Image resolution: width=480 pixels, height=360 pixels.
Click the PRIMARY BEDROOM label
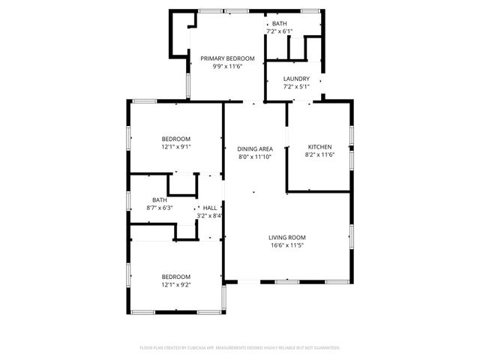click(227, 58)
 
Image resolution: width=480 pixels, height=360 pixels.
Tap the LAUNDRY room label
click(296, 78)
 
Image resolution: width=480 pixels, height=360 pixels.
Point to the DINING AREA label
click(255, 149)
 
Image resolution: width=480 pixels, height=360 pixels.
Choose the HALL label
click(210, 208)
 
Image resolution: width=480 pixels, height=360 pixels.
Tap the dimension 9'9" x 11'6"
click(227, 67)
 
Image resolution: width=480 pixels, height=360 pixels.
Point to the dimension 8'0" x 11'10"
click(255, 157)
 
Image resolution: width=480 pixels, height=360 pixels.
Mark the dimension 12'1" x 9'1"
click(176, 147)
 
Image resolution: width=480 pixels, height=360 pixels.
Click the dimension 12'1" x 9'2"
click(176, 285)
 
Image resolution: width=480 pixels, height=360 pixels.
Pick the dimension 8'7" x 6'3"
click(160, 208)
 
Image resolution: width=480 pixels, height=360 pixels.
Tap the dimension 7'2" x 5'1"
click(296, 86)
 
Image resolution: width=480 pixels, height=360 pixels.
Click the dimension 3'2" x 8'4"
click(210, 216)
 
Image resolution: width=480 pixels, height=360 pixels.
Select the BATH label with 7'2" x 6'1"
click(279, 23)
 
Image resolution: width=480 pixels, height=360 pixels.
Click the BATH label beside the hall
click(160, 199)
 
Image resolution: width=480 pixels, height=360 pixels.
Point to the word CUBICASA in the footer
click(195, 348)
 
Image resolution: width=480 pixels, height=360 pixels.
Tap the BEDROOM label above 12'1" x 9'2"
click(176, 277)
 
